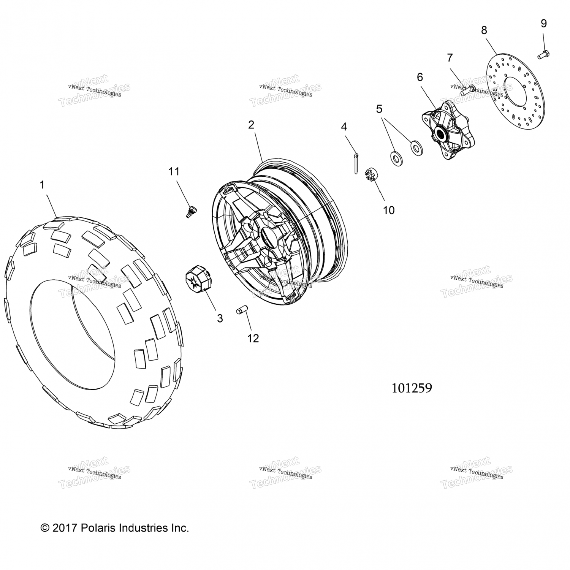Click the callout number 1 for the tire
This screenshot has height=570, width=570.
(x=42, y=185)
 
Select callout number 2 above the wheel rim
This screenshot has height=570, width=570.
(x=251, y=125)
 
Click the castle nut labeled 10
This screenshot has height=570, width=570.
(x=370, y=176)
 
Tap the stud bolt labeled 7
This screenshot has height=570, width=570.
(x=466, y=90)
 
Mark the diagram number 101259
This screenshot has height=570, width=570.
(x=412, y=388)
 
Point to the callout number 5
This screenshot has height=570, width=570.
(x=379, y=109)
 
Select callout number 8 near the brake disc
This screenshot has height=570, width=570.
(x=484, y=30)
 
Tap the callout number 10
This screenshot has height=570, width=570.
(x=389, y=210)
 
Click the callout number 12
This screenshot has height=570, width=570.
(x=253, y=338)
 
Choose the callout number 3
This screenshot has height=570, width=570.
(x=220, y=318)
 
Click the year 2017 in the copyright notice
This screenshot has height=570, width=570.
(x=65, y=528)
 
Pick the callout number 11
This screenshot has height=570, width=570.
(x=174, y=171)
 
